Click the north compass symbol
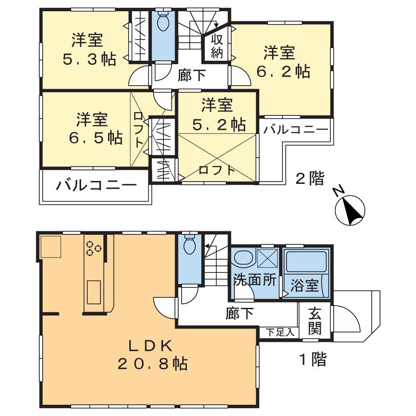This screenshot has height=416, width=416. coord(350,210)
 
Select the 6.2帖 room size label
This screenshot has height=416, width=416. coord(282,72)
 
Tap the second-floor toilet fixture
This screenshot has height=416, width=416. coord(163,22)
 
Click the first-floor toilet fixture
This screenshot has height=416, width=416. coord(190,245)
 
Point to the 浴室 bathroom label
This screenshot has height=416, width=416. coord(305,286)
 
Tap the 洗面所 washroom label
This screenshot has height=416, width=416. coord(255,280)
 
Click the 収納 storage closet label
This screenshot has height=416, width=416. coord(217,46)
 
